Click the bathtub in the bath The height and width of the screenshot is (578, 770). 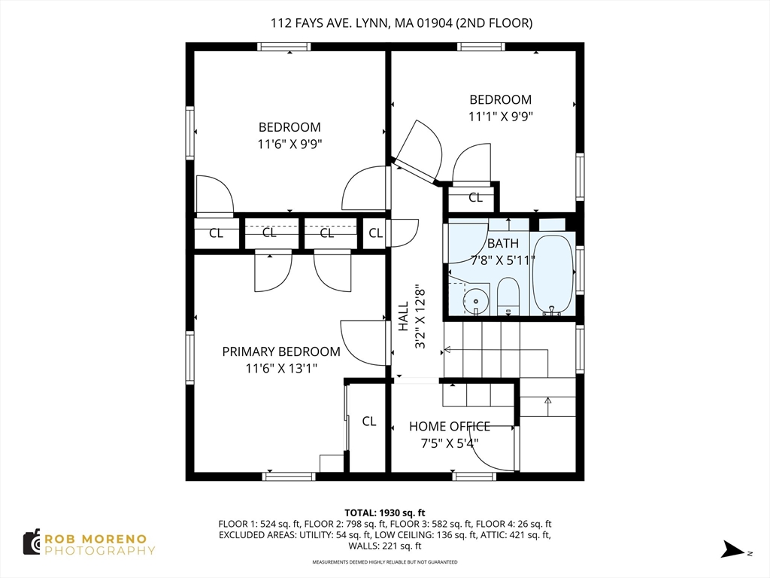click(x=553, y=275)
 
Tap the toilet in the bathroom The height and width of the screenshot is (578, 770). click(x=508, y=297)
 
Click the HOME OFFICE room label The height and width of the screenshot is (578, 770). click(x=450, y=426)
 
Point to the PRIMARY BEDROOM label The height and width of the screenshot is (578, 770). click(x=281, y=351)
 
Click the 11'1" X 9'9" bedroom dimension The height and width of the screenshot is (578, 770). click(x=500, y=117)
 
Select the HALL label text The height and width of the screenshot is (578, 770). click(x=403, y=316)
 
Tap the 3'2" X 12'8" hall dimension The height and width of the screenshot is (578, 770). click(x=420, y=316)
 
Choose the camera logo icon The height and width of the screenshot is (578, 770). click(x=32, y=543)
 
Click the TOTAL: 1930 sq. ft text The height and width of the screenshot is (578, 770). click(x=384, y=513)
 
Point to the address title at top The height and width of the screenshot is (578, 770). click(x=402, y=23)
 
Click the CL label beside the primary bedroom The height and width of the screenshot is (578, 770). click(x=369, y=421)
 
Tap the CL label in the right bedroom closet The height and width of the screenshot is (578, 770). click(x=475, y=198)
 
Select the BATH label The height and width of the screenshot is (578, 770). click(x=503, y=243)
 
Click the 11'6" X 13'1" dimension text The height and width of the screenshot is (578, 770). click(x=281, y=368)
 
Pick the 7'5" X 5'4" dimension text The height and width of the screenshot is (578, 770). click(x=450, y=443)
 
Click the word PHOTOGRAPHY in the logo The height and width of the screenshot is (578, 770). click(x=100, y=550)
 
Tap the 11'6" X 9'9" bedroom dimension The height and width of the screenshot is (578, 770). click(x=290, y=144)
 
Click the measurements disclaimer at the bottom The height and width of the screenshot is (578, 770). click(x=385, y=561)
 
